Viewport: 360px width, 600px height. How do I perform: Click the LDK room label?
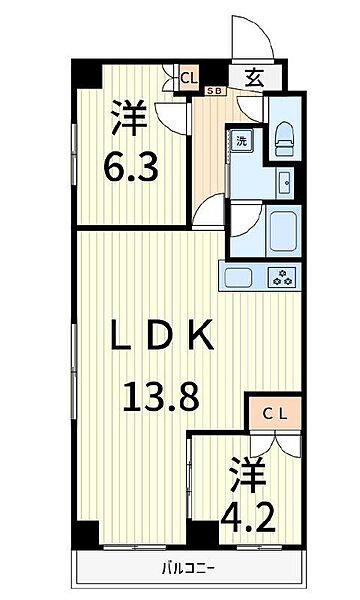click(x=162, y=336)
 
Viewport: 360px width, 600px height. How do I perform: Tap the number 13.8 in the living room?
click(x=161, y=397)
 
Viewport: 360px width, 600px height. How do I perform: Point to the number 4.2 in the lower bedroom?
click(x=248, y=518)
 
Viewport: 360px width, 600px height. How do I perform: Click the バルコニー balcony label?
click(x=187, y=567)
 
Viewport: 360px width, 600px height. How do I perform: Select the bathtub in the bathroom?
click(x=283, y=231)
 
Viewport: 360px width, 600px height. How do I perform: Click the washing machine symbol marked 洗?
click(x=242, y=141)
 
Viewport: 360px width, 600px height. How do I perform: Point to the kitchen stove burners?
click(x=282, y=276)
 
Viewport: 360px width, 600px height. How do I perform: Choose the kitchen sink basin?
click(x=238, y=277)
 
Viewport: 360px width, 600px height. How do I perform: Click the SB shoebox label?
click(x=216, y=91)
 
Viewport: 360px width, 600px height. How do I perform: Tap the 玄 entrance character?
click(x=254, y=78)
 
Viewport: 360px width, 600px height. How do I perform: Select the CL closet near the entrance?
click(x=189, y=78)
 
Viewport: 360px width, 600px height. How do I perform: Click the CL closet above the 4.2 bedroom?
click(x=275, y=414)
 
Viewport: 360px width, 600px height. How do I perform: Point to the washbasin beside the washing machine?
click(x=285, y=183)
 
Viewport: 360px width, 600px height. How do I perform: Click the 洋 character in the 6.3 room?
click(x=129, y=117)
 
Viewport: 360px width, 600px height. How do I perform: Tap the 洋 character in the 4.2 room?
click(x=248, y=474)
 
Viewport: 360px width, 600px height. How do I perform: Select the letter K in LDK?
click(x=202, y=336)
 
